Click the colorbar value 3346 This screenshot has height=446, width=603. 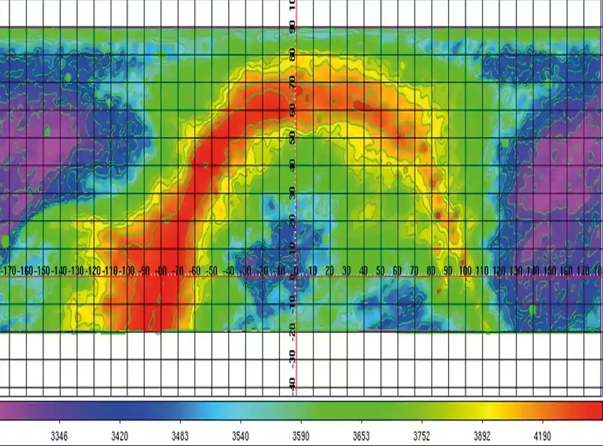[x=59, y=437]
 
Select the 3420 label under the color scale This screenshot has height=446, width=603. [x=119, y=437]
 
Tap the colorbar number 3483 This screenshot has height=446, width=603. [x=180, y=437]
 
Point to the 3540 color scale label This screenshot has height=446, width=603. [x=240, y=437]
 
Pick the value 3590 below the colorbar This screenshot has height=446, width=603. [x=301, y=437]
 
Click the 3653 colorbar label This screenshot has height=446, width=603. [x=361, y=437]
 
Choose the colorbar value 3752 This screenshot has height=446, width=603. [x=422, y=437]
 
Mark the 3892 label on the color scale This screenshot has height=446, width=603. [x=482, y=437]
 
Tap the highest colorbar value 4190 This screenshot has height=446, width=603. [x=543, y=437]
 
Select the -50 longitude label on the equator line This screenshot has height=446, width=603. [x=212, y=271]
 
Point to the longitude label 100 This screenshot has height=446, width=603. [x=465, y=271]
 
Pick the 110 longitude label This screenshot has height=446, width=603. [x=482, y=271]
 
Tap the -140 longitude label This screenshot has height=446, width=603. [x=59, y=271]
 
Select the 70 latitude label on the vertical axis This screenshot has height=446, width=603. [x=292, y=81]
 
